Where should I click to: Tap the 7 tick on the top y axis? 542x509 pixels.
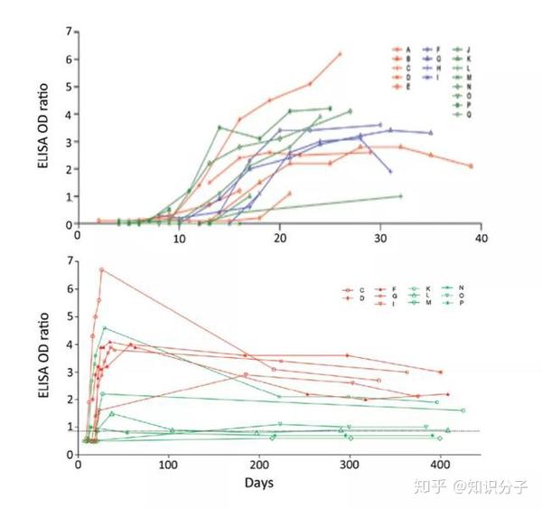click(67, 33)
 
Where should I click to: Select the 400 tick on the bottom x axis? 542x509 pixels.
click(440, 466)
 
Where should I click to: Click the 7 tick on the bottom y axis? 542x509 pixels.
click(67, 262)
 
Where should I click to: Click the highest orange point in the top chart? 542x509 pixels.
click(340, 53)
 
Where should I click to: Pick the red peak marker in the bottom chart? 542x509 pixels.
click(102, 269)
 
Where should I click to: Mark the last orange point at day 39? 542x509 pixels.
click(471, 165)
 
